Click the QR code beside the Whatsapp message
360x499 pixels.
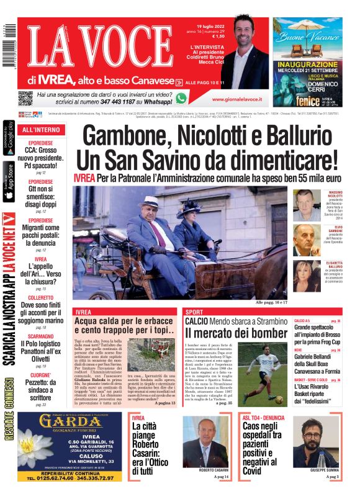coord(25,98)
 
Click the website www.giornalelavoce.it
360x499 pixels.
coord(236,99)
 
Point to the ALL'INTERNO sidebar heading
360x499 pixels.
coord(42,130)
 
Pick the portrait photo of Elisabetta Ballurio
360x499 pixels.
coord(307,276)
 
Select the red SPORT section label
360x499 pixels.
coord(194,312)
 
